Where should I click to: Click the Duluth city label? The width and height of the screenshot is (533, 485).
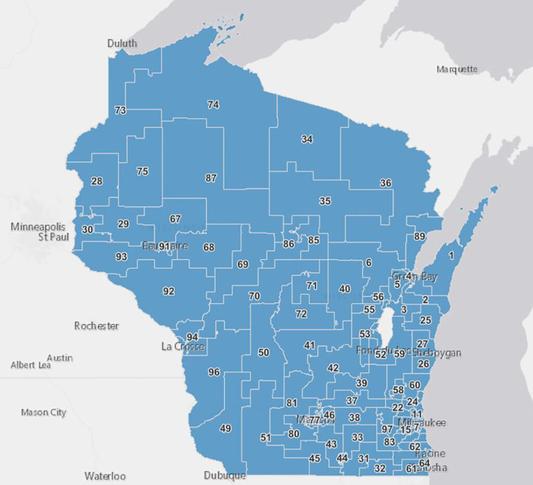tap(122, 43)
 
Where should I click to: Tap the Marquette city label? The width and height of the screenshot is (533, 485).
tap(457, 69)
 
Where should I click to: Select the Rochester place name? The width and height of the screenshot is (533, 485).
tap(96, 326)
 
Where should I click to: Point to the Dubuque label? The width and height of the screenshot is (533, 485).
tap(225, 475)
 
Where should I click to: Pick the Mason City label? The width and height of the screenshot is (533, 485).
tap(44, 413)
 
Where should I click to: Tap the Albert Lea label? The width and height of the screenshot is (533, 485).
tap(31, 365)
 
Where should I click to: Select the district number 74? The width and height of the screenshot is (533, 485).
tap(213, 105)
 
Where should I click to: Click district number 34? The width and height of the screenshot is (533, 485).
tap(307, 139)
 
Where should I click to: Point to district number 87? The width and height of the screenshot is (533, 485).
tap(210, 178)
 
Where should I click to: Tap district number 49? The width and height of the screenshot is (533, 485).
tap(225, 428)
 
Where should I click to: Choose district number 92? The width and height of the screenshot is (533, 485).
tap(168, 291)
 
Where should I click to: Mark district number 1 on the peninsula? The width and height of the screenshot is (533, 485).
tap(451, 255)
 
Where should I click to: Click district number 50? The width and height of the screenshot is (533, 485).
tap(263, 353)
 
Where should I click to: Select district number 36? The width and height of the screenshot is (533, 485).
tap(386, 183)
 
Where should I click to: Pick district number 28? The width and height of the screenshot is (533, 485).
tap(97, 181)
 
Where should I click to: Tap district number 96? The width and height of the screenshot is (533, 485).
tap(214, 372)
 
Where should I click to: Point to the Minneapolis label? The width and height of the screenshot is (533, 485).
tap(38, 227)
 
